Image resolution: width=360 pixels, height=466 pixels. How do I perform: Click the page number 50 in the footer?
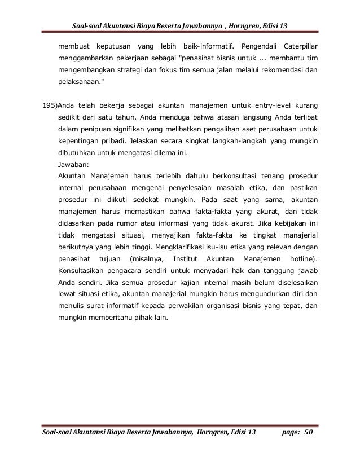coord(308,433)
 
